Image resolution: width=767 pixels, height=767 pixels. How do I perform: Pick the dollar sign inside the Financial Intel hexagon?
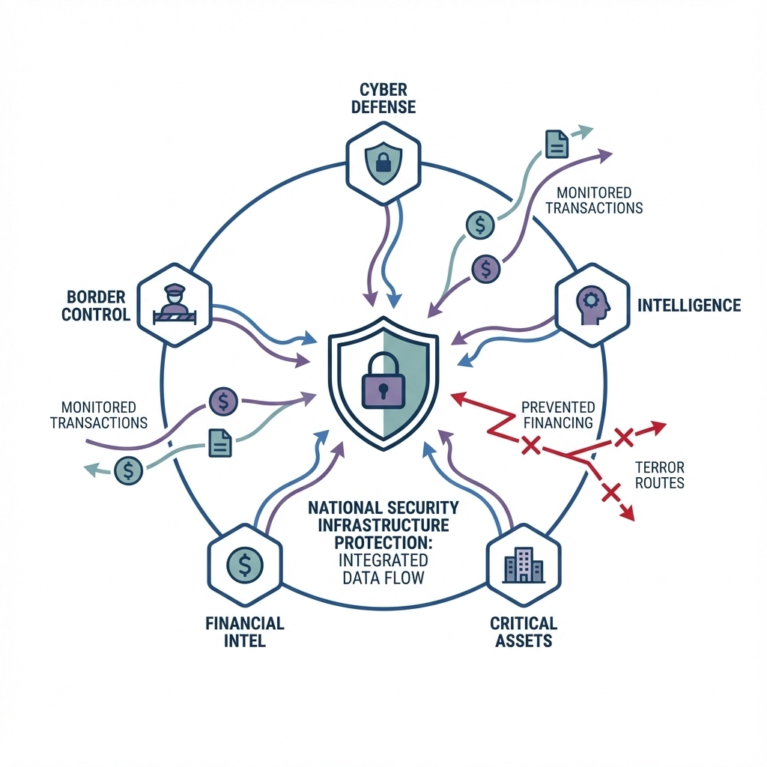pyautogui.click(x=243, y=563)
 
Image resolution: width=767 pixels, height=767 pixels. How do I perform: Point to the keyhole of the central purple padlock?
pyautogui.click(x=383, y=389)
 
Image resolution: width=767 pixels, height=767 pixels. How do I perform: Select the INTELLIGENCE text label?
pyautogui.click(x=688, y=305)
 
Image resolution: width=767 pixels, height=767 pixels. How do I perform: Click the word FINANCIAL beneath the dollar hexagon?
pyautogui.click(x=243, y=623)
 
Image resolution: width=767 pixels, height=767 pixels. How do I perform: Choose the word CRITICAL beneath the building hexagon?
pyautogui.click(x=523, y=623)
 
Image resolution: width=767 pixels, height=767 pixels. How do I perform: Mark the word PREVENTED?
pyautogui.click(x=557, y=407)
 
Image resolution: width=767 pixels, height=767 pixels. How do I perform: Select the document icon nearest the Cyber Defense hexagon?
pyautogui.click(x=556, y=143)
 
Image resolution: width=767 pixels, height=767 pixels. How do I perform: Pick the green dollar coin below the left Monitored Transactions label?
pyautogui.click(x=129, y=470)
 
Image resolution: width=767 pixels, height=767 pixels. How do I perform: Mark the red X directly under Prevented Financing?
pyautogui.click(x=530, y=447)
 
